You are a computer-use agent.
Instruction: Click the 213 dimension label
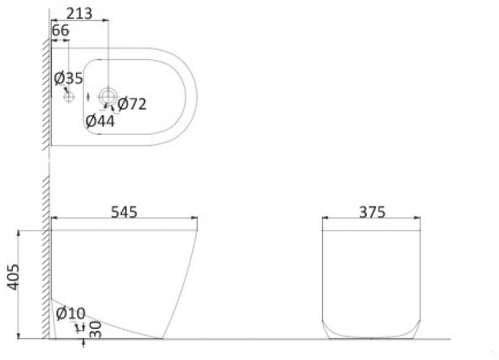coord(79,13)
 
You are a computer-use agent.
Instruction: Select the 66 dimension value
coord(60,31)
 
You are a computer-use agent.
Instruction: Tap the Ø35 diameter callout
coord(68,78)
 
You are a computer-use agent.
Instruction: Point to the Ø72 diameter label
coord(132,104)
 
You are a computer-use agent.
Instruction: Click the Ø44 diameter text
coord(100,121)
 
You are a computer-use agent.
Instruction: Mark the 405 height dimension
coord(13,276)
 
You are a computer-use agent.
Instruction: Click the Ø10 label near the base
coord(70,314)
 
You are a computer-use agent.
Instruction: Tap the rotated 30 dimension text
coord(95,329)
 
